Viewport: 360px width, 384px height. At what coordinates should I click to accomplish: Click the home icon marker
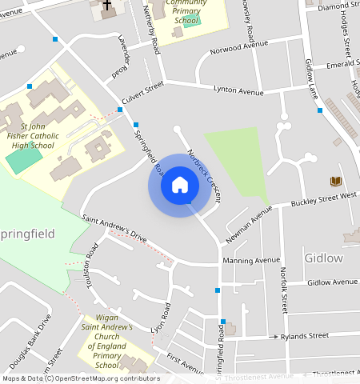tap(180, 186)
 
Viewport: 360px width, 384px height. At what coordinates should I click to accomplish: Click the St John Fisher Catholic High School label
tap(31, 136)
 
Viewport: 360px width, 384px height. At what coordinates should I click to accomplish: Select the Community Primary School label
tap(186, 11)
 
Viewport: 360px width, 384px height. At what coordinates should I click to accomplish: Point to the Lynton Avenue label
tap(238, 92)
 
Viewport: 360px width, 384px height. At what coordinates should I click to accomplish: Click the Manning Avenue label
tap(251, 260)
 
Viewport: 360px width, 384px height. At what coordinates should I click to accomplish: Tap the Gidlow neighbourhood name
tap(323, 258)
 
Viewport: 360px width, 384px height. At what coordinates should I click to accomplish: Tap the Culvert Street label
tap(142, 94)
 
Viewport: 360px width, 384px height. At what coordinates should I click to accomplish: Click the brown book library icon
tap(335, 182)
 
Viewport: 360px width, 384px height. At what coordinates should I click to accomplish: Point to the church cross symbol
tap(107, 5)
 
